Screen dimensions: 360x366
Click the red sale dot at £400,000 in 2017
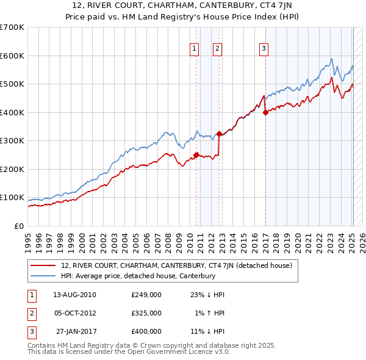coord(266,112)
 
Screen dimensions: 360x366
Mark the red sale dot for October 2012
coord(219,134)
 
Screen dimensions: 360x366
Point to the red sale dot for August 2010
coord(196,155)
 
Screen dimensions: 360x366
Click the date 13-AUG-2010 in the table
coord(74,294)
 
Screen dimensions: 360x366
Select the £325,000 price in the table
coord(146,313)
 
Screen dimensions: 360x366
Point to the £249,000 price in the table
coord(146,294)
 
